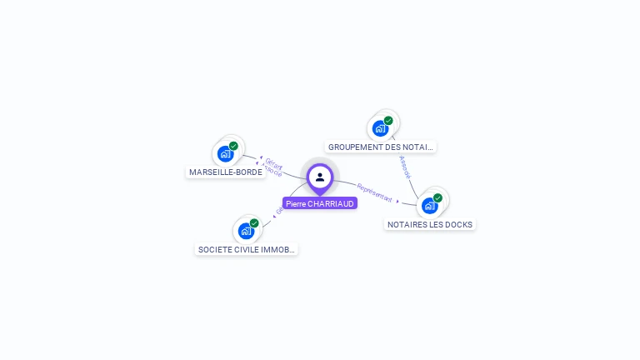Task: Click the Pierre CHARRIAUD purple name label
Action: click(320, 203)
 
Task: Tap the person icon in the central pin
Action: click(320, 177)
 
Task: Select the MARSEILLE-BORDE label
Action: click(225, 172)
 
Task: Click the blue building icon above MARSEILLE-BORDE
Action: click(225, 154)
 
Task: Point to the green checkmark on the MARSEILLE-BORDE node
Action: click(233, 146)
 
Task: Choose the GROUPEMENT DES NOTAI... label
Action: click(380, 147)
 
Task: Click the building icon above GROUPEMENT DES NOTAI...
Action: click(380, 128)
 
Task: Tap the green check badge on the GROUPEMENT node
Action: click(388, 121)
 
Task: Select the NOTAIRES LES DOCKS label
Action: click(430, 224)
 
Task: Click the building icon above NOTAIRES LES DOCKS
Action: click(429, 205)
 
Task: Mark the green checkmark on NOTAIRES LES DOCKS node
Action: click(437, 197)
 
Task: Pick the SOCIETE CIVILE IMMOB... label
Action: click(247, 249)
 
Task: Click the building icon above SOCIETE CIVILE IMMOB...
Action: click(246, 231)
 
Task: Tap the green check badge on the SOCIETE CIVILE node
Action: click(254, 222)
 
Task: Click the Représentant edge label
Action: click(374, 192)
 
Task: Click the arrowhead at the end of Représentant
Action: click(398, 201)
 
